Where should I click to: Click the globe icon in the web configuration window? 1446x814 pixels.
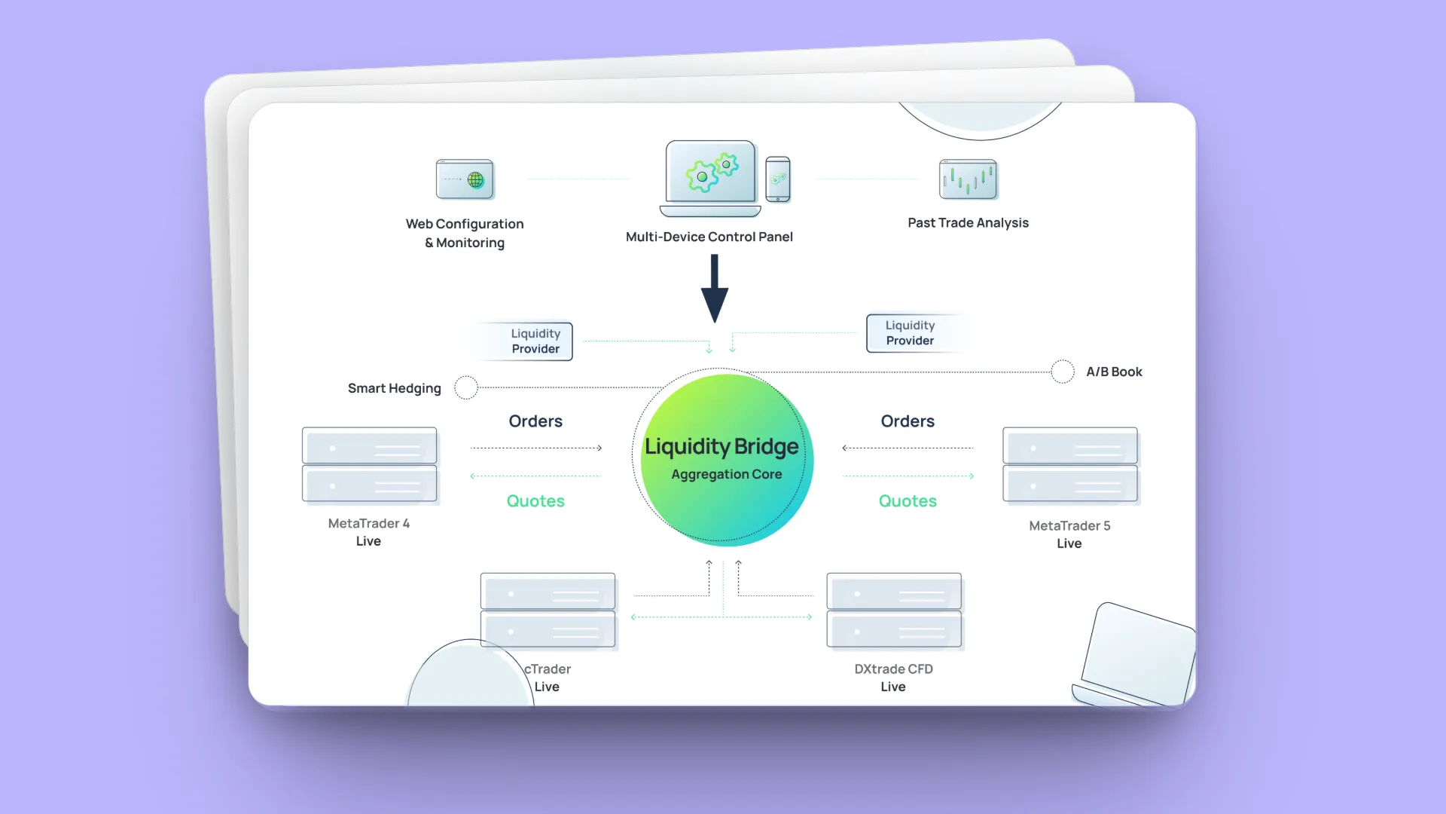475,180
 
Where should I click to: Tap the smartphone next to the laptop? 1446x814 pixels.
778,179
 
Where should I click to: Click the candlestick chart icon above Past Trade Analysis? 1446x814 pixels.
968,179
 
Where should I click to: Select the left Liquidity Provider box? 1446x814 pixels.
535,341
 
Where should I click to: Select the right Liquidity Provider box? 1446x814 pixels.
910,333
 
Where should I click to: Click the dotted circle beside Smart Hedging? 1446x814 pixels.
466,387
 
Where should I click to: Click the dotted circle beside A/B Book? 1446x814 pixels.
1062,372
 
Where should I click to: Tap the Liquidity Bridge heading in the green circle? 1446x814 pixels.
721,447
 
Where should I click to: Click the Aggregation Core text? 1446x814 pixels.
726,475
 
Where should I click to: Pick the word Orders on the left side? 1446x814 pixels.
535,421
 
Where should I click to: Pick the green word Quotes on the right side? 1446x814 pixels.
908,501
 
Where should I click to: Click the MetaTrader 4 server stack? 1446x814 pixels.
369,465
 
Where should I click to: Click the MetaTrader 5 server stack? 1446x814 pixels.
1069,465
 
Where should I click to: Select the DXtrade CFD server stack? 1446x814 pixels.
894,610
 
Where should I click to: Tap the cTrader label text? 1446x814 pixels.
548,669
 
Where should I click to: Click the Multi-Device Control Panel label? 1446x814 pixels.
709,237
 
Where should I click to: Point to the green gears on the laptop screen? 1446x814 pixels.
712,172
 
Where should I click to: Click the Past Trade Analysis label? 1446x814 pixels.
968,223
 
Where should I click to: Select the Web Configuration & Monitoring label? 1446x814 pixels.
465,233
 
